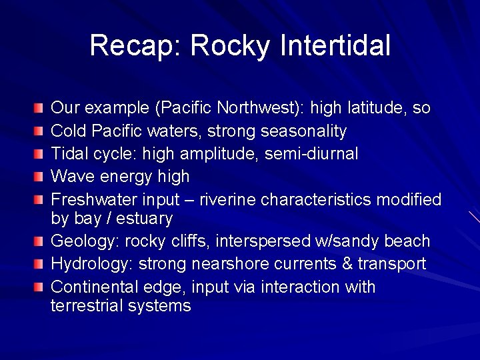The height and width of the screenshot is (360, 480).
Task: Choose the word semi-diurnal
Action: coord(311,154)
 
